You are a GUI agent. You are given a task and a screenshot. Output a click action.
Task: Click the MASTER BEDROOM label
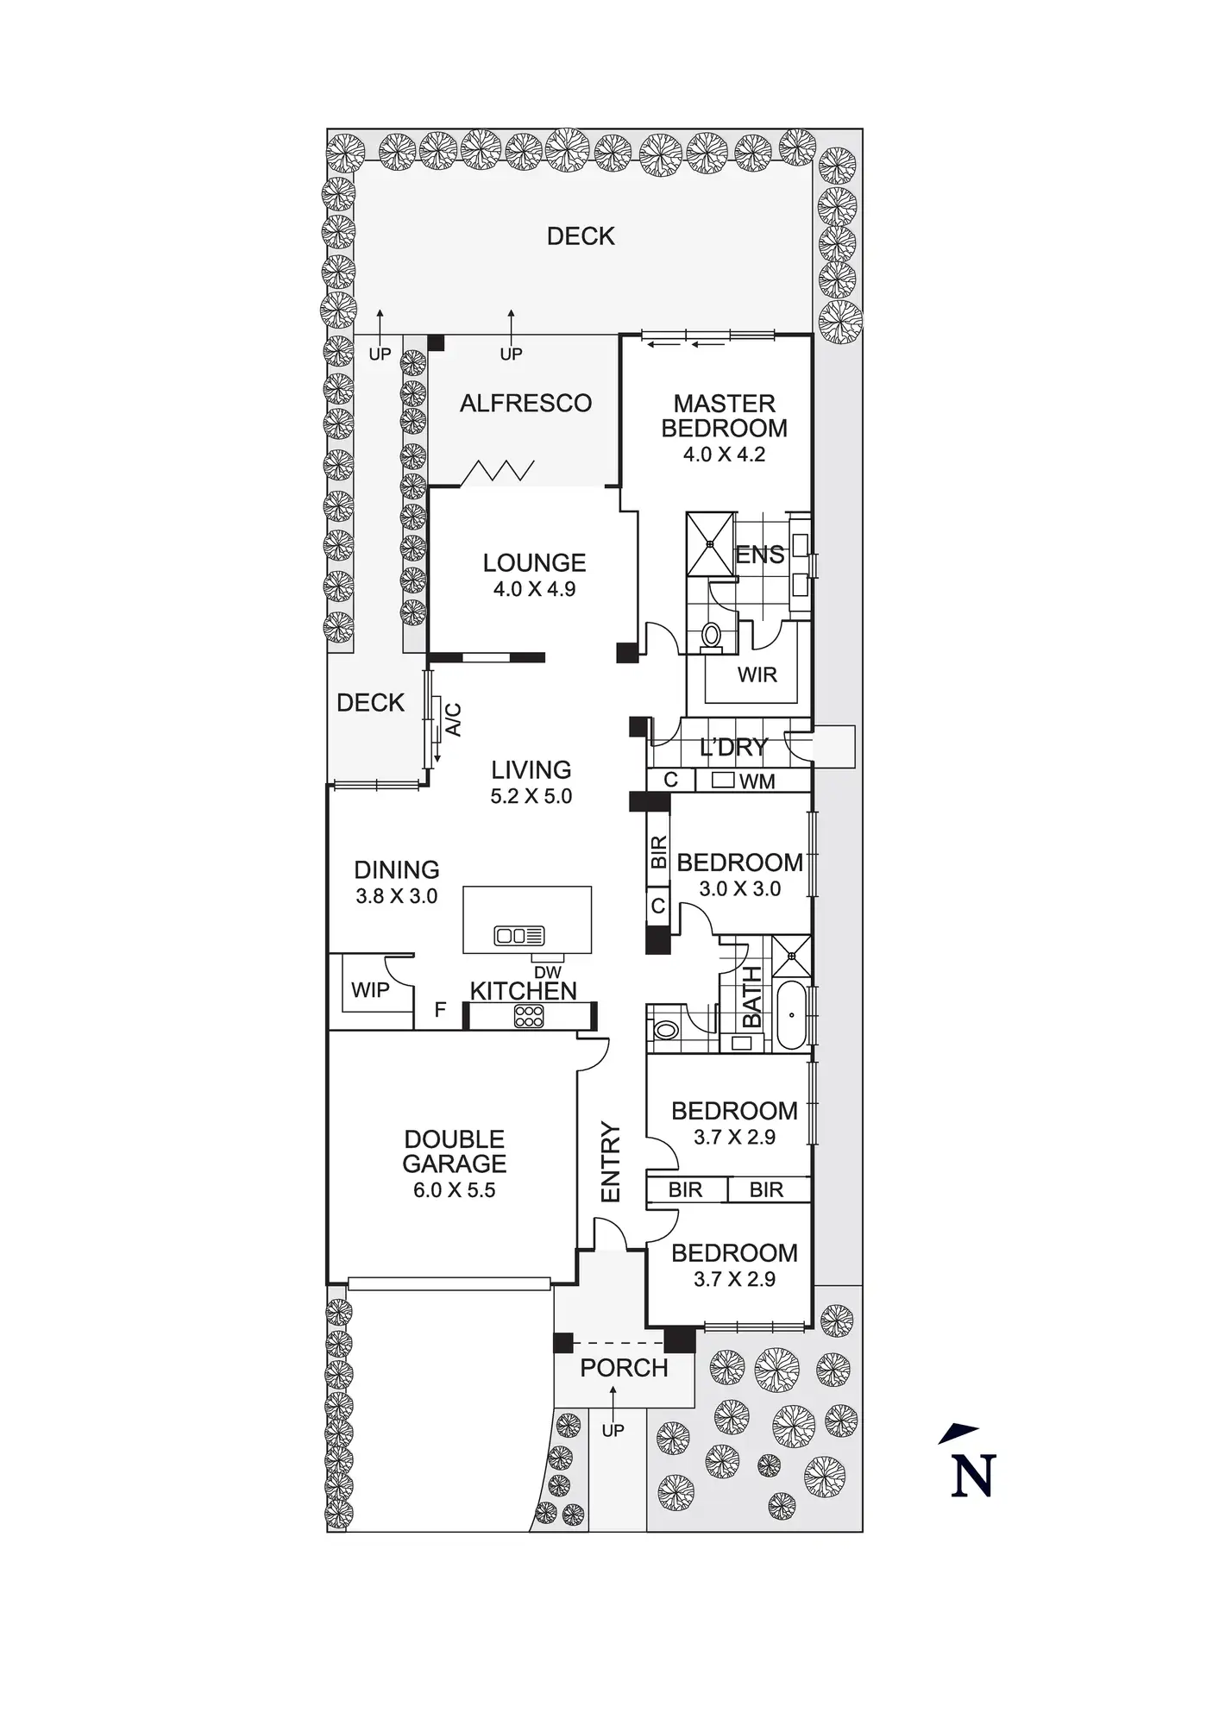point(725,416)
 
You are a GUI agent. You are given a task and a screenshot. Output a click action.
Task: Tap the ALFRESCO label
point(525,403)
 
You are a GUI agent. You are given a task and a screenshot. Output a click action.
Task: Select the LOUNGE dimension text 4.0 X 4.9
point(534,590)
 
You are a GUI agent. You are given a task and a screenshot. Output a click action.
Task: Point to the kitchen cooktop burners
point(528,1016)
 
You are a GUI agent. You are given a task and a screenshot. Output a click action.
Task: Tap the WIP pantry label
point(370,990)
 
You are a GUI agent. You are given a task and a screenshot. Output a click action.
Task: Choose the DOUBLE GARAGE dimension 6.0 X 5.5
point(454,1190)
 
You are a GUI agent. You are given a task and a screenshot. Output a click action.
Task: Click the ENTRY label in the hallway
point(611,1162)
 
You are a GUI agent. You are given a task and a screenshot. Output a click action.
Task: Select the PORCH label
point(624,1368)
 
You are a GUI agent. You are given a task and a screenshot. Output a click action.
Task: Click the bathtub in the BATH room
point(791,1014)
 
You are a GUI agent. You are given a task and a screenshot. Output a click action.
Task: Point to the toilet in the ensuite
point(712,635)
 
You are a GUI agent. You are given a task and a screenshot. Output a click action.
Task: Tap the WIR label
point(757,674)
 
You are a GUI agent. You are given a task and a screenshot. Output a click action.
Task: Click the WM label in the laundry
point(757,781)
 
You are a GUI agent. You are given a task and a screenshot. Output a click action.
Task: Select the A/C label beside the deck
point(453,720)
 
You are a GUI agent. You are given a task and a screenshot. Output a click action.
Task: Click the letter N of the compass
point(974,1476)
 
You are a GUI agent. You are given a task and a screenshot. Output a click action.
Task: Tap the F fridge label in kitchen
point(440,1009)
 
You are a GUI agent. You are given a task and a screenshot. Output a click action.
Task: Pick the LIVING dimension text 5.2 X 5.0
point(531,796)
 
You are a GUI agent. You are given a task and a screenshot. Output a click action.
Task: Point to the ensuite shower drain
point(711,544)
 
